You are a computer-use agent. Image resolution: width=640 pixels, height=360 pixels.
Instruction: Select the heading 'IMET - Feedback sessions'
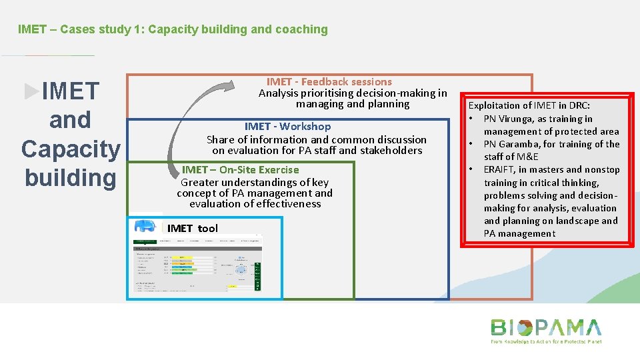[329, 82]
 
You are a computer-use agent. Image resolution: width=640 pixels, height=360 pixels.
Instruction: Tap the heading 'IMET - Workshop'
[287, 127]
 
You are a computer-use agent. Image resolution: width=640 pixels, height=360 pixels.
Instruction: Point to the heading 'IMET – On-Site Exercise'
[240, 170]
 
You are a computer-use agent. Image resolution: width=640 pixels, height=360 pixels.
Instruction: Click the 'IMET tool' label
[192, 229]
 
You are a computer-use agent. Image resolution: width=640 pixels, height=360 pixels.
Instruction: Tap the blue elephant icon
[144, 226]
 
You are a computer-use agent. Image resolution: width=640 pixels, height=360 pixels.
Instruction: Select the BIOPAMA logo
[545, 327]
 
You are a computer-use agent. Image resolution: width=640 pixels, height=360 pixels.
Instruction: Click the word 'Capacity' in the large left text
[71, 149]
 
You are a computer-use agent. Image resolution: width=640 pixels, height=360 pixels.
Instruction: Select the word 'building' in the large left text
[71, 178]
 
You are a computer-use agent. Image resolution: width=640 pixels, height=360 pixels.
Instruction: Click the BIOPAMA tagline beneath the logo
[545, 341]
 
